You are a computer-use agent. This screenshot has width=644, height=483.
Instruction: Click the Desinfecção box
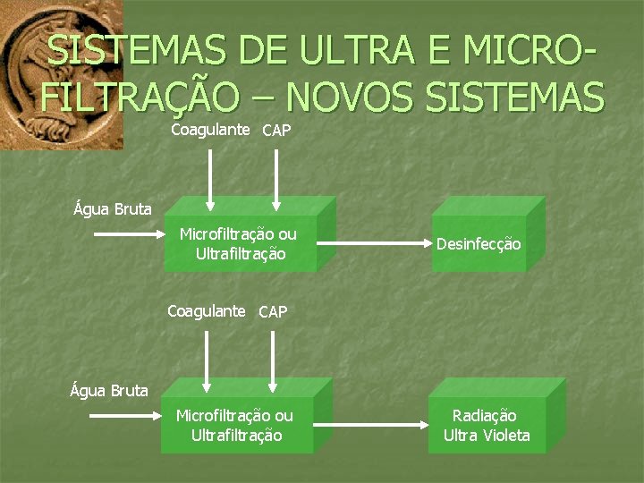(479, 243)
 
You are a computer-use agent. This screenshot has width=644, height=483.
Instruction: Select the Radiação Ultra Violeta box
(487, 426)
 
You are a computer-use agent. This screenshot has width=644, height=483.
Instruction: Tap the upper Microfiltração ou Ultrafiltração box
(239, 244)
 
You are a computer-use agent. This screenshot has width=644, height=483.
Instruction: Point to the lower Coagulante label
(207, 311)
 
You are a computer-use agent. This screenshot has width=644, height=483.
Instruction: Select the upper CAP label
(276, 131)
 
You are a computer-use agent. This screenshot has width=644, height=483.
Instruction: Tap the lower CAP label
(273, 312)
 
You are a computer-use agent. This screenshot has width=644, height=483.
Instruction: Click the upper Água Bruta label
(113, 209)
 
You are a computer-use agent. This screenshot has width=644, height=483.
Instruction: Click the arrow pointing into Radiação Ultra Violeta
(373, 425)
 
